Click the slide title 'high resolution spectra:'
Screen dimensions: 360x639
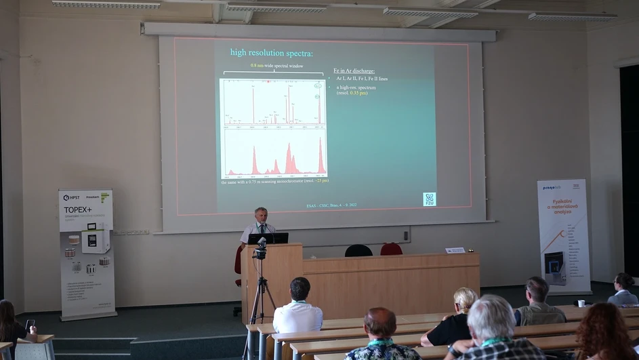coord(271,53)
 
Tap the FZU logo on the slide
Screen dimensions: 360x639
coord(429,199)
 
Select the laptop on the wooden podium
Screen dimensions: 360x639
coord(268,238)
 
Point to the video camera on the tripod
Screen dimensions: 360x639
coord(260,249)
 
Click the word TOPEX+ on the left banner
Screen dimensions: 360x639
coord(78,210)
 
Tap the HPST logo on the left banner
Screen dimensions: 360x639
coord(71,197)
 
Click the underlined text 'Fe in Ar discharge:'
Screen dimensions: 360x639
coord(354,71)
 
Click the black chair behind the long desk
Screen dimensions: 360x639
coord(358,251)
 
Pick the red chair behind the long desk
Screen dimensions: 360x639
coord(391,249)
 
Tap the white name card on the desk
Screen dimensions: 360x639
coord(455,250)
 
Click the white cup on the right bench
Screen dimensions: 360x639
coord(581,303)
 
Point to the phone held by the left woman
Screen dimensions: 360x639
coord(30,324)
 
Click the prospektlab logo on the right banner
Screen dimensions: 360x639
coord(551,188)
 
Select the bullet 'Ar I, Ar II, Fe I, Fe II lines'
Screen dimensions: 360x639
coord(363,79)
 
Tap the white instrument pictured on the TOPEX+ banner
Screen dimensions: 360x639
coord(96,239)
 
